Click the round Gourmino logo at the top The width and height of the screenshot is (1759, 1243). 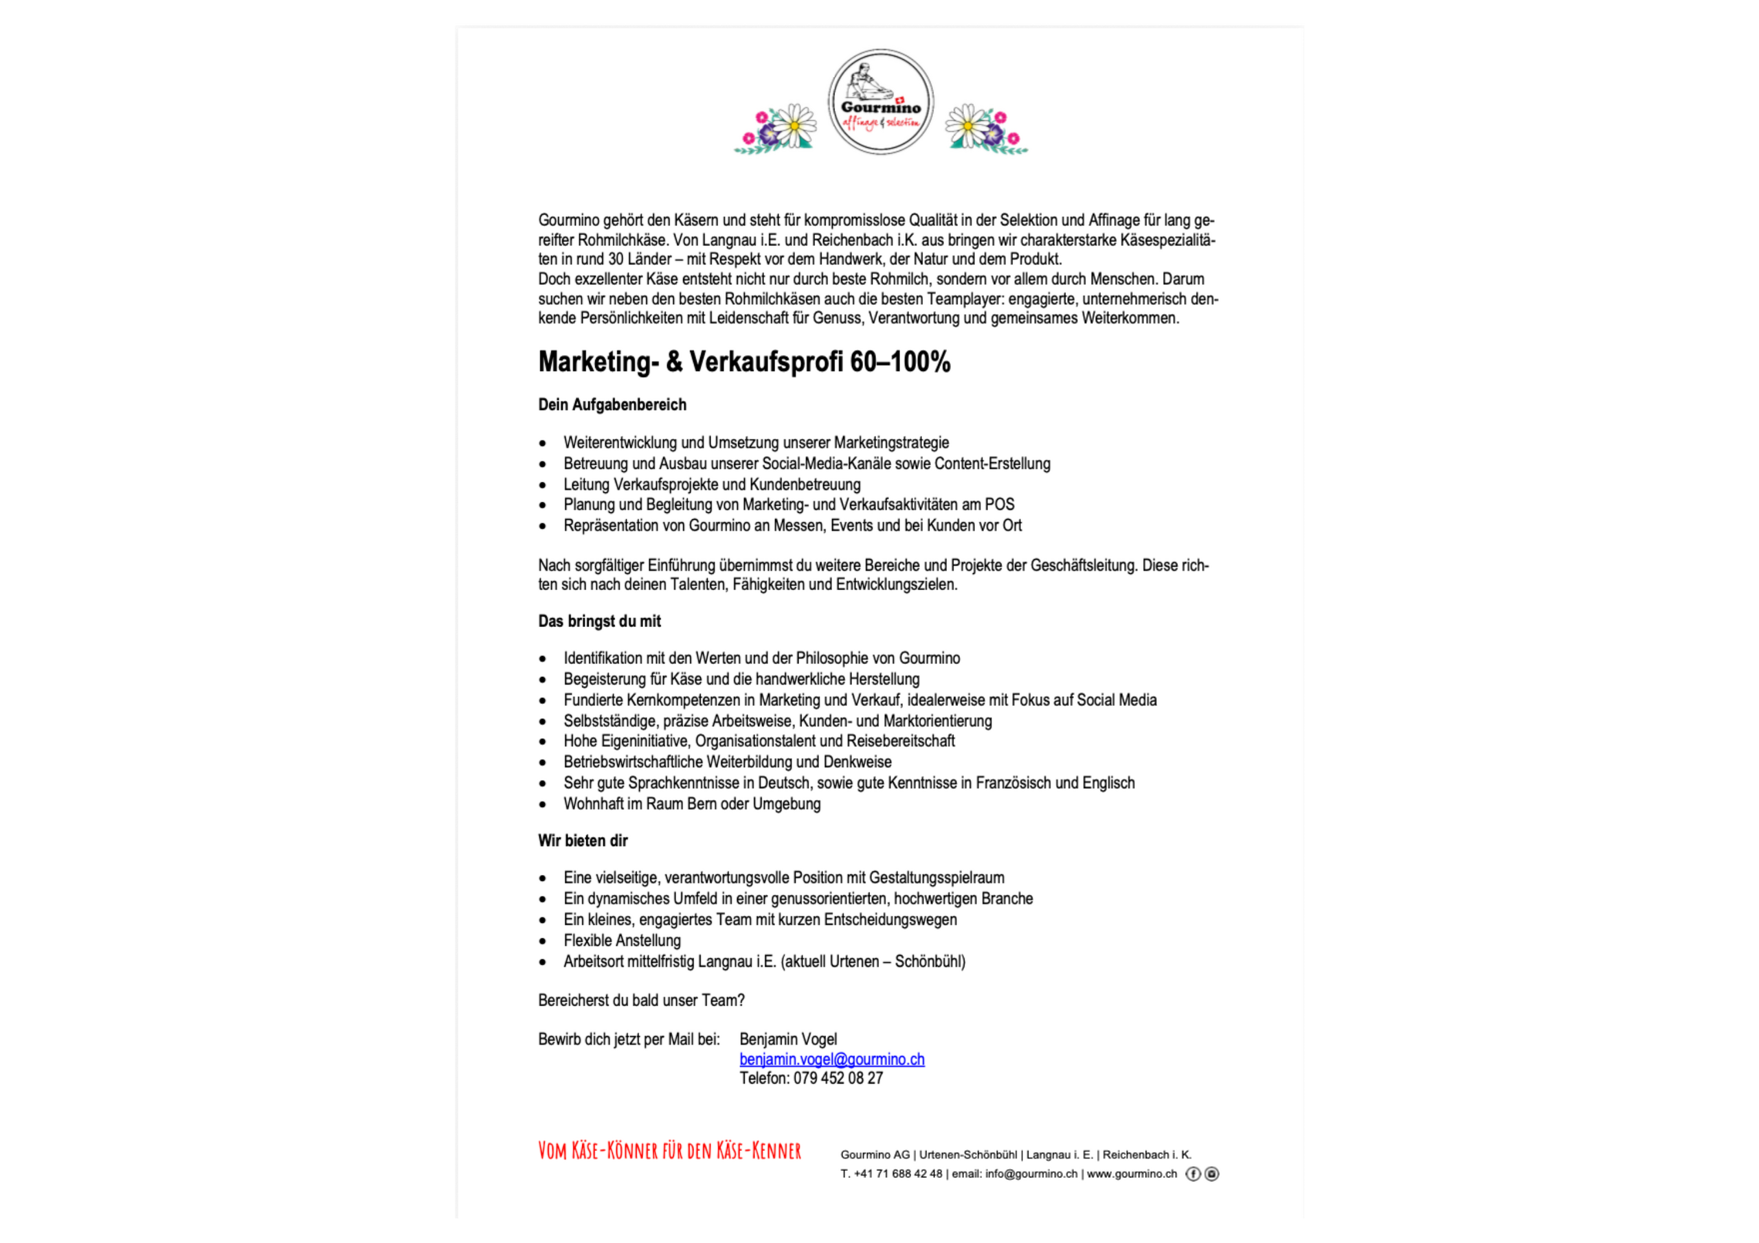880,102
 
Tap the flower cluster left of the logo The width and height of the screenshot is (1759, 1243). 776,129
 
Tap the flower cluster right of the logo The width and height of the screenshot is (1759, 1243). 986,129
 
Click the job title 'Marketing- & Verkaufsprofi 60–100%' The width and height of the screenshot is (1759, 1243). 744,361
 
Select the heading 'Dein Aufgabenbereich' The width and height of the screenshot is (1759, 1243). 612,404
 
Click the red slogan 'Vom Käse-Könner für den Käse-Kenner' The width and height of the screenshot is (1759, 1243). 669,1150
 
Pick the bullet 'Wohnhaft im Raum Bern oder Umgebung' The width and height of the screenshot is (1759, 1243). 692,803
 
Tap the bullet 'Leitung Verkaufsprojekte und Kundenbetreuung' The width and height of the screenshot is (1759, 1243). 712,484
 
